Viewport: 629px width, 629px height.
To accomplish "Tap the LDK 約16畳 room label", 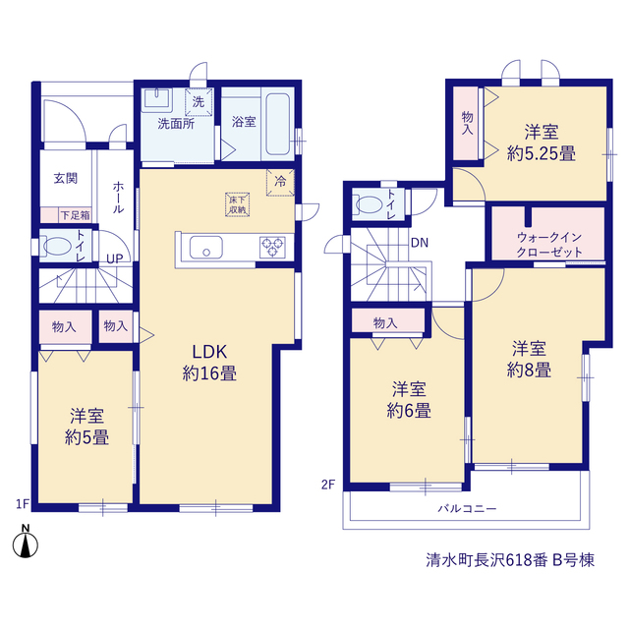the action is point(209,363).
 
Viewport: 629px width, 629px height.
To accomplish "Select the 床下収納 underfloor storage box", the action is point(238,204).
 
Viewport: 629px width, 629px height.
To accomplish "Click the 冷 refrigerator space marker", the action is point(280,183).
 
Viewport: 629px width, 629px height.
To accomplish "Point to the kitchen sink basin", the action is point(206,248).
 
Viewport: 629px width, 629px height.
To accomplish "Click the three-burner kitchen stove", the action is point(273,247).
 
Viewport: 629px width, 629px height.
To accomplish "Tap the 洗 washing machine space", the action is point(199,102).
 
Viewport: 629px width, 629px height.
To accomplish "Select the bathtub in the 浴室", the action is point(278,124).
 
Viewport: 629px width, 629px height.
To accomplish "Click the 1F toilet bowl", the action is point(57,246).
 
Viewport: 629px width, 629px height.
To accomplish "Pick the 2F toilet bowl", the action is point(370,204).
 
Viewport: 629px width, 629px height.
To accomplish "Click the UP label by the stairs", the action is point(115,259).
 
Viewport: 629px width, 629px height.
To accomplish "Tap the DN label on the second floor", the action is point(420,243).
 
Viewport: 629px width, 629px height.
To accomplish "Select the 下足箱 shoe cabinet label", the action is point(75,215).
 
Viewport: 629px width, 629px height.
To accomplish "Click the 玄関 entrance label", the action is point(66,179).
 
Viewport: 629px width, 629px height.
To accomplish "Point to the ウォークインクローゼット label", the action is point(549,245).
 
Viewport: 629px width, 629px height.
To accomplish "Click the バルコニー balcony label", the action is point(468,509).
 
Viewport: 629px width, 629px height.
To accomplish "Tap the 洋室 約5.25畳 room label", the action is point(542,143).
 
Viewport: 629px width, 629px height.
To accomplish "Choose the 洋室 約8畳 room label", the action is point(529,360).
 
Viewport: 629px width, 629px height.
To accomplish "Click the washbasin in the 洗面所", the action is point(156,98).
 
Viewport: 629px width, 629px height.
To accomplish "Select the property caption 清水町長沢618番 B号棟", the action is point(510,560).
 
